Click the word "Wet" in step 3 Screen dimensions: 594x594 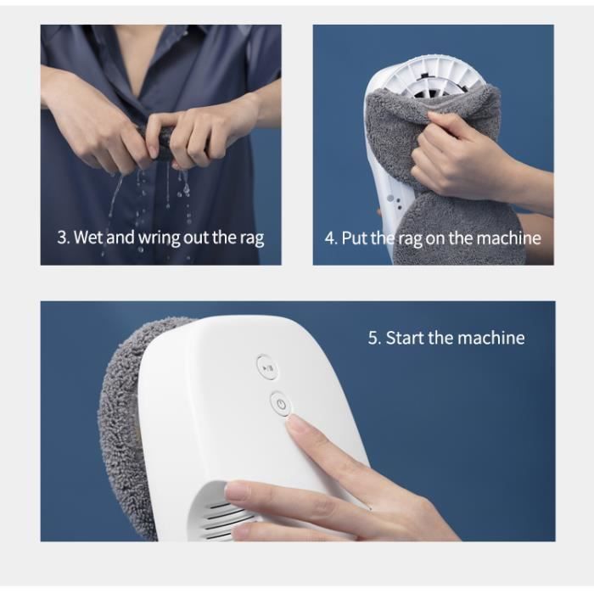pyautogui.click(x=88, y=237)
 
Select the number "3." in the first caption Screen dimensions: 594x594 pyautogui.click(x=64, y=238)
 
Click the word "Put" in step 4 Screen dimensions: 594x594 pyautogui.click(x=355, y=238)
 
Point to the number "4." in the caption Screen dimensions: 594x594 pyautogui.click(x=331, y=238)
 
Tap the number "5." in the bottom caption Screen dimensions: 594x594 pyautogui.click(x=374, y=338)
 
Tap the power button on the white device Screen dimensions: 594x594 pyautogui.click(x=281, y=404)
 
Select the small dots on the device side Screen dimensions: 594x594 pyautogui.click(x=394, y=202)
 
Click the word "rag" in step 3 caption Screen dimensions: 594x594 pyautogui.click(x=251, y=238)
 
